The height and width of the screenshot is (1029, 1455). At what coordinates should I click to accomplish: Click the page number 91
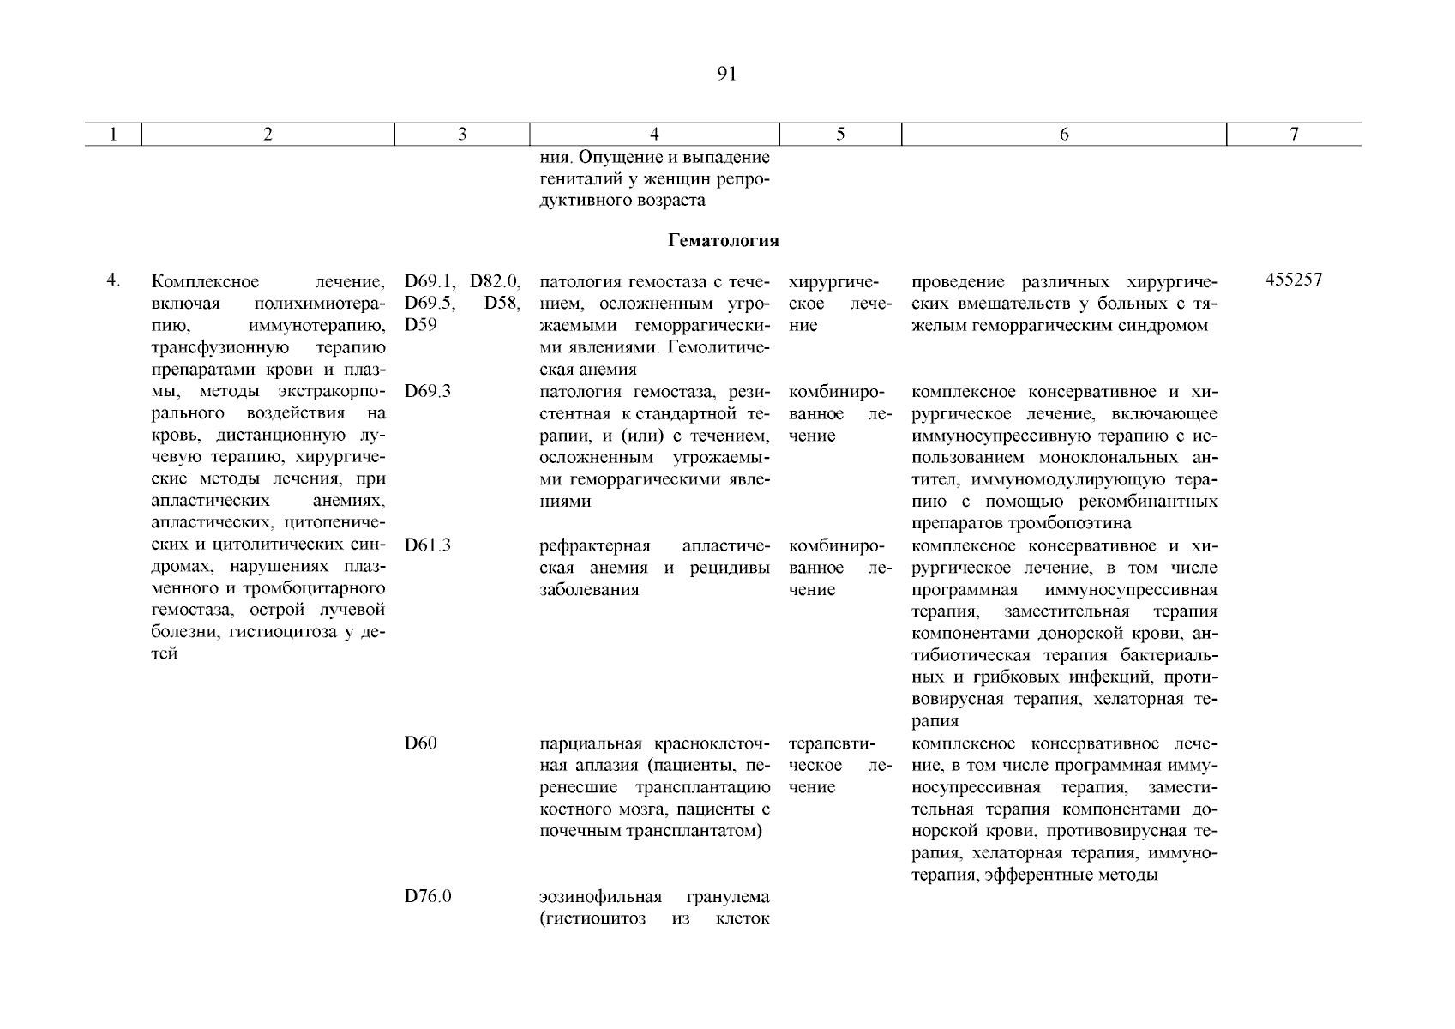(726, 75)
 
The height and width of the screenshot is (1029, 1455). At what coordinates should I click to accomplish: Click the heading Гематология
(724, 241)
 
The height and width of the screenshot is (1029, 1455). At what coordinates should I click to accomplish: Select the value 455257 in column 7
(1294, 280)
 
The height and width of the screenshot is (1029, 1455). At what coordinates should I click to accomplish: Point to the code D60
(421, 743)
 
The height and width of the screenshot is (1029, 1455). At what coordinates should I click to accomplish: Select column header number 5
(840, 134)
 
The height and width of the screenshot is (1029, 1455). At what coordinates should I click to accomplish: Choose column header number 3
(462, 134)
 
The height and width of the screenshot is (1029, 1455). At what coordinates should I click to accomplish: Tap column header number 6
(1064, 134)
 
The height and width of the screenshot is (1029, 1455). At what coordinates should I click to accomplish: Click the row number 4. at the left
(113, 280)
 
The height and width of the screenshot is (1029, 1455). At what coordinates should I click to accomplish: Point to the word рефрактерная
(595, 546)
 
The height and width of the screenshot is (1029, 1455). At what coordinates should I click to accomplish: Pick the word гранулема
(728, 897)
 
